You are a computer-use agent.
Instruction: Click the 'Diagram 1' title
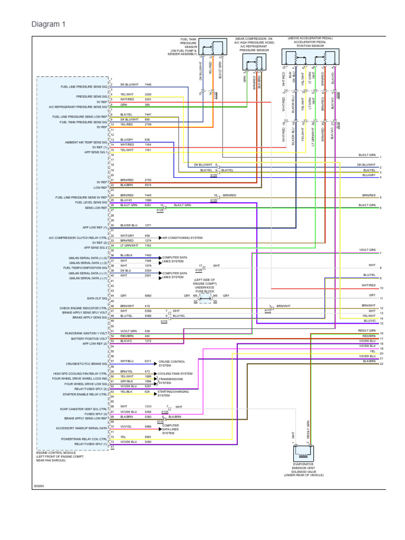[49, 24]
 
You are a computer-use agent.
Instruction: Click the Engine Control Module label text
[53, 456]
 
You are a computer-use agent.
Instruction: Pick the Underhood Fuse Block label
[205, 288]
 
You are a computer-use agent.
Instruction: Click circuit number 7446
[148, 84]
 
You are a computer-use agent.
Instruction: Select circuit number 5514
[148, 185]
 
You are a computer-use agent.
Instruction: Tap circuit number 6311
[148, 361]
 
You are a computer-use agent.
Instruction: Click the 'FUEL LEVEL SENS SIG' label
[91, 202]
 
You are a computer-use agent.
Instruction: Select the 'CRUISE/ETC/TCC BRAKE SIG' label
[84, 363]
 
